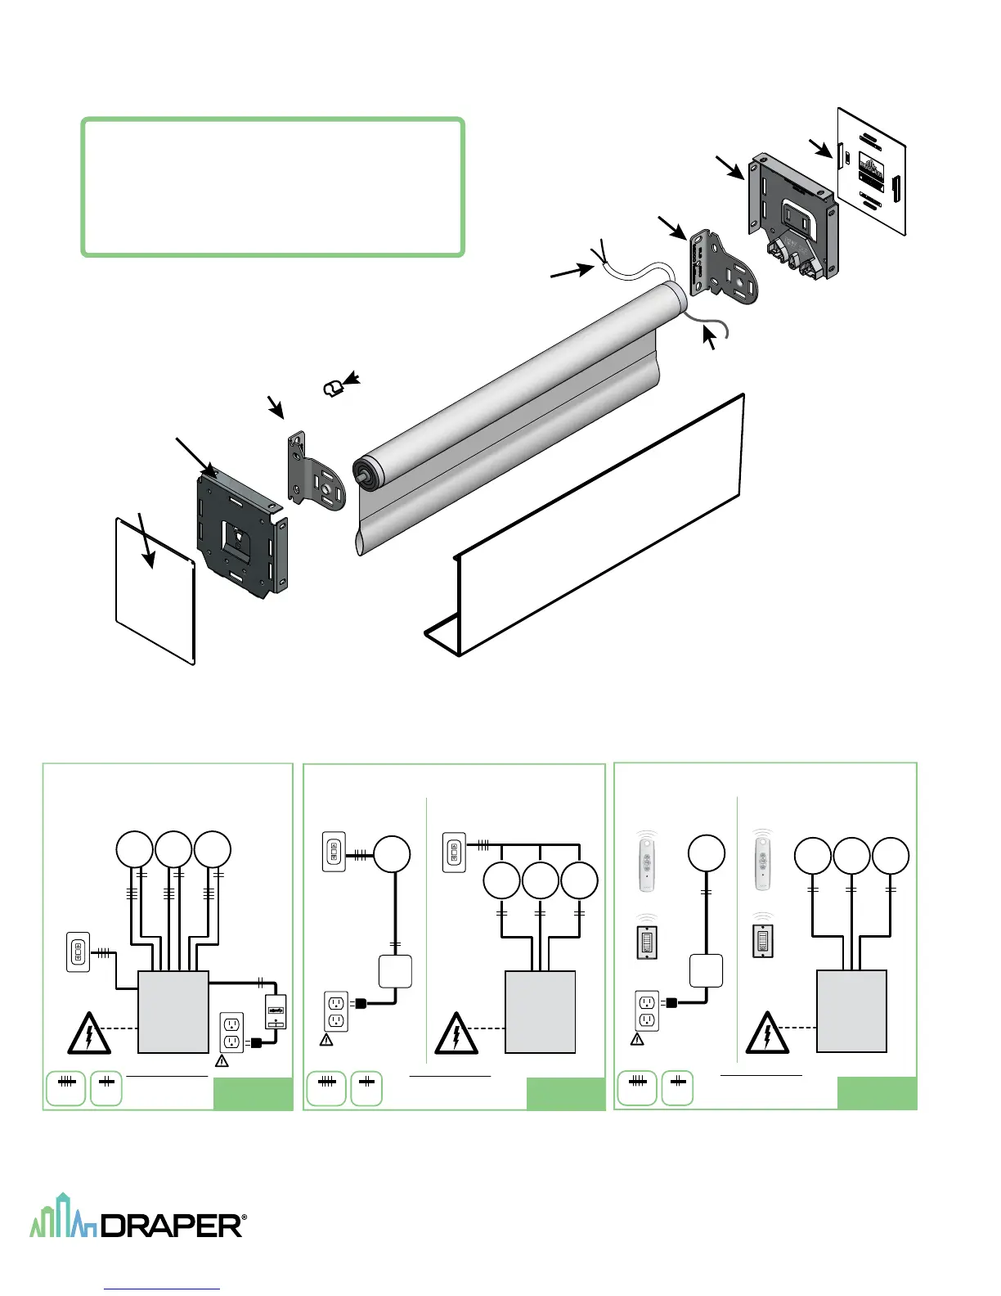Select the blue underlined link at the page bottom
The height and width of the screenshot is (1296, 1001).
(x=163, y=1289)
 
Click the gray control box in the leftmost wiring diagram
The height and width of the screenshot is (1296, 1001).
(x=173, y=1011)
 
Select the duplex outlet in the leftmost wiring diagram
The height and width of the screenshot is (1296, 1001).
(x=231, y=1032)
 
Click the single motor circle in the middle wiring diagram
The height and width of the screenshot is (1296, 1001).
(x=393, y=855)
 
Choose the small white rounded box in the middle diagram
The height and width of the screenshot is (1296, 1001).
(x=395, y=971)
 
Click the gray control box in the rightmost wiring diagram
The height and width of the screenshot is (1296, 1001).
(x=851, y=1010)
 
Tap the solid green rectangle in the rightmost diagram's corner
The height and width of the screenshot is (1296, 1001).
(x=877, y=1093)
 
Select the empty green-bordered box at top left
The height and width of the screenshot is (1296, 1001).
(x=273, y=187)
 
